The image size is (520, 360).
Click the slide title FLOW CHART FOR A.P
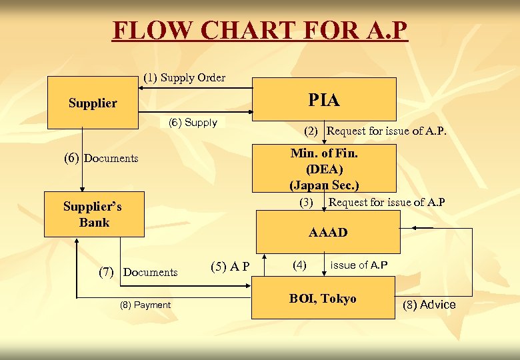point(259,31)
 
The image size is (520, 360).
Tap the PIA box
point(324,99)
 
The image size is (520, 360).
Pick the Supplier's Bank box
point(94,214)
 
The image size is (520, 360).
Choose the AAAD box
point(328,232)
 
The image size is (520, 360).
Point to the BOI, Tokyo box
point(323,299)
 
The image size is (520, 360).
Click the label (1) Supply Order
point(185,77)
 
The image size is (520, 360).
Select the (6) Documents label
point(101,158)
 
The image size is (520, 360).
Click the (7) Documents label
point(138,272)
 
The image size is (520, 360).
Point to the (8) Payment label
point(145,305)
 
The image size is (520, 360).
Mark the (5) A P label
point(230,267)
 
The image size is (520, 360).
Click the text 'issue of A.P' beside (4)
point(359,265)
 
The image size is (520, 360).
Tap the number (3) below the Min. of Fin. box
point(306,202)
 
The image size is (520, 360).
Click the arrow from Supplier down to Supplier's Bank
point(82,160)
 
